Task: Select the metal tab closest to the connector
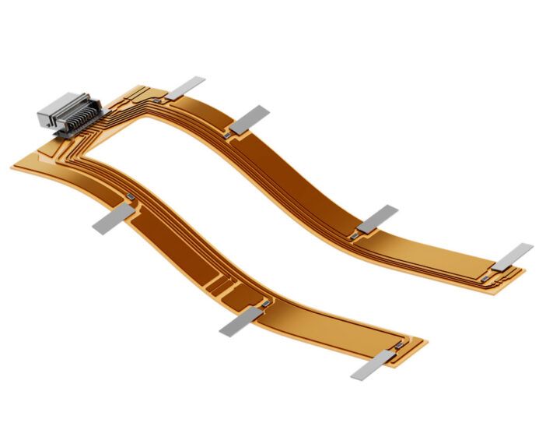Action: pyautogui.click(x=186, y=87)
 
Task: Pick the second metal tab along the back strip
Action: pyautogui.click(x=250, y=118)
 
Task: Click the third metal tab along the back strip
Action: pyautogui.click(x=377, y=219)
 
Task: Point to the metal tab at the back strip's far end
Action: pyautogui.click(x=513, y=255)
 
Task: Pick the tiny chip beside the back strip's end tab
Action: pyautogui.click(x=486, y=275)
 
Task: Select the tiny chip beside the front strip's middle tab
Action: pyautogui.click(x=265, y=302)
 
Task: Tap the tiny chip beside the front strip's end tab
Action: pyautogui.click(x=399, y=344)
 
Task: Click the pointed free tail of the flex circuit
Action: pyautogui.click(x=19, y=167)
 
